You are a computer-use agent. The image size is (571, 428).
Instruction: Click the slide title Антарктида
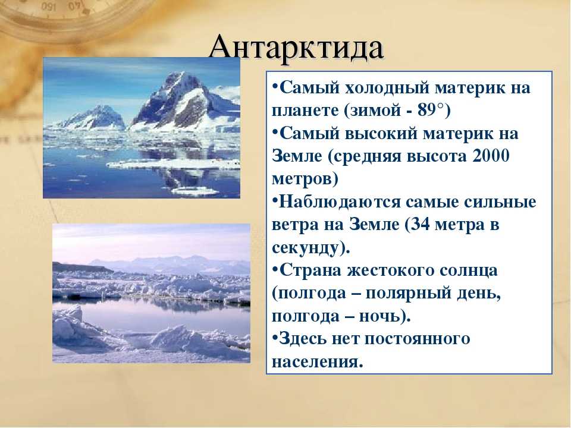click(x=296, y=48)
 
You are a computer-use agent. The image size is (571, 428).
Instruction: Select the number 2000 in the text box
click(x=491, y=155)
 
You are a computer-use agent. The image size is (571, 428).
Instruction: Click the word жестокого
click(x=389, y=270)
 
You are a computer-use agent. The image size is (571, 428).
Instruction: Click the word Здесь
click(x=302, y=339)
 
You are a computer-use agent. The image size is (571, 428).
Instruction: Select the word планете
click(x=305, y=111)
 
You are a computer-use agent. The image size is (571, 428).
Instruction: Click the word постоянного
click(x=417, y=339)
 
